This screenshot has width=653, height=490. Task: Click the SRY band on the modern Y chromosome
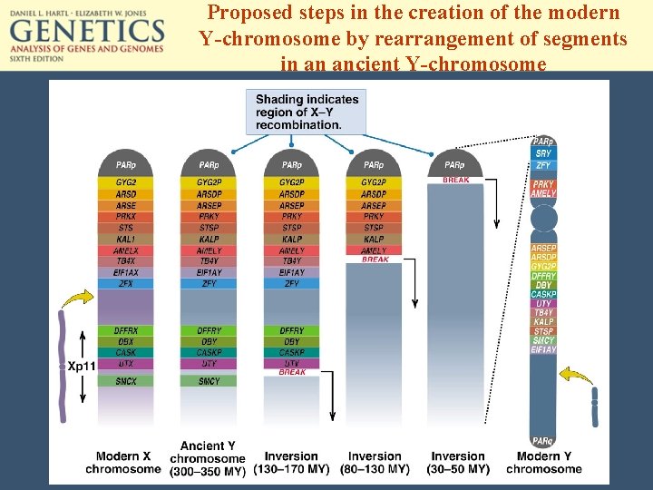click(x=542, y=153)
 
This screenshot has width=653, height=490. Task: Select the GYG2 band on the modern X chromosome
click(x=126, y=182)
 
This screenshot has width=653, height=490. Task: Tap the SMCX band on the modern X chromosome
click(x=126, y=382)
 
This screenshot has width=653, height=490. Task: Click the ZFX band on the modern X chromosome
click(x=126, y=284)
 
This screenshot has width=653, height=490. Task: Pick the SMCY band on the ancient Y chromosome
click(x=209, y=382)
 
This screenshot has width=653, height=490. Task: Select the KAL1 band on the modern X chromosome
click(x=126, y=240)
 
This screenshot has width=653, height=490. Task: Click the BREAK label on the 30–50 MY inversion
click(x=455, y=181)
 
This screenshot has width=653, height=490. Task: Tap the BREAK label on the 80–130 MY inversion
click(x=374, y=260)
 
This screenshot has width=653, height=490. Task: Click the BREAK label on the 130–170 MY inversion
click(x=291, y=373)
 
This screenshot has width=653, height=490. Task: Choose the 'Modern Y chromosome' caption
click(x=543, y=462)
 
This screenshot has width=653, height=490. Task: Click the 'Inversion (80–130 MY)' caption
click(x=374, y=462)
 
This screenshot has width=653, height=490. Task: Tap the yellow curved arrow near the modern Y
click(x=577, y=374)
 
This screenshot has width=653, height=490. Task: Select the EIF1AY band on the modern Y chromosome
click(x=543, y=349)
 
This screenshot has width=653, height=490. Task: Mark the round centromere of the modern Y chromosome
click(x=543, y=219)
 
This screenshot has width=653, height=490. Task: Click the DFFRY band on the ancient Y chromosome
click(x=209, y=330)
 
